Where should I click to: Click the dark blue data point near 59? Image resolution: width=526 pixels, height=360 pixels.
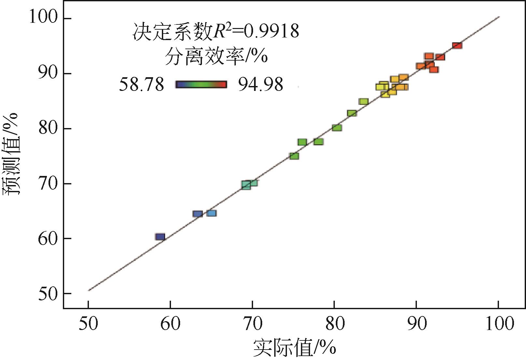coord(160,237)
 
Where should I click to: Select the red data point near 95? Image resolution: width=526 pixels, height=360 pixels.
coord(457,46)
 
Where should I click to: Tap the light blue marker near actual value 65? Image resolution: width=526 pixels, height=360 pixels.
coord(211,213)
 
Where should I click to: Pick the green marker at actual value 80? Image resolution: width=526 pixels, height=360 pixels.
coord(337,128)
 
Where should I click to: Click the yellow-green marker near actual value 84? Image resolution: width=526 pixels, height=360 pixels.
coord(363,102)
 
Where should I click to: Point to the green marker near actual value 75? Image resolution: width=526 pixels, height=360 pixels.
coord(294,156)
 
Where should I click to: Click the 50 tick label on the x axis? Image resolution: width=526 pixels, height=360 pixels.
coord(88,324)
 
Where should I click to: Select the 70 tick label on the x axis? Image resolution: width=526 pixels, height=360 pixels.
coord(252,324)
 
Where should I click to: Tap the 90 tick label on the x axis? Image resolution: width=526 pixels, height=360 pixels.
coord(417,324)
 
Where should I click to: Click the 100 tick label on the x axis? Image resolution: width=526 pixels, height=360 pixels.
coord(498,324)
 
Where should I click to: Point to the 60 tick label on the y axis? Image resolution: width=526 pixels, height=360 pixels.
coord(47,238)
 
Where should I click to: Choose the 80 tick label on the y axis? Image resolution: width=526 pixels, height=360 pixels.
coord(47,129)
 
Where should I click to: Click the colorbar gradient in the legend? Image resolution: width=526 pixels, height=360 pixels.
coord(201,85)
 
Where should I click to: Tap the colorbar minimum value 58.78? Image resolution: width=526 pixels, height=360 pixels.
coord(141,85)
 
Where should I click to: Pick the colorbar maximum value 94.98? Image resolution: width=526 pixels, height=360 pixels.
coord(261,85)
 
